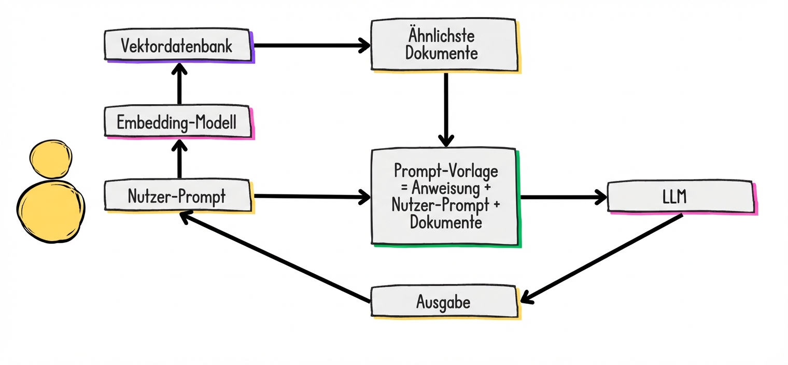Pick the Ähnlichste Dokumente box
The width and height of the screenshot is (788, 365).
tap(444, 45)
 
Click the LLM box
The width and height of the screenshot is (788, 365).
tap(680, 196)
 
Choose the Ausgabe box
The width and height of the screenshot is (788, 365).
tap(444, 301)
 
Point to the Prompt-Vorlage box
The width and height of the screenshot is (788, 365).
tap(444, 197)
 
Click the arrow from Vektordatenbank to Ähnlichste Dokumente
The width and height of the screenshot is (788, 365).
tap(311, 46)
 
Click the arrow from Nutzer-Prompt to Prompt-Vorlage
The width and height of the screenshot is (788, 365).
tap(311, 196)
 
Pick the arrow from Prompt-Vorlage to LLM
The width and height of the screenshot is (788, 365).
tap(562, 197)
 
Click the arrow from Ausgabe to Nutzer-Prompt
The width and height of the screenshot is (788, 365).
tap(275, 257)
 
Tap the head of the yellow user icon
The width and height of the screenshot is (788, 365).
tap(50, 158)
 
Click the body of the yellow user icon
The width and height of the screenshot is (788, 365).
tap(50, 210)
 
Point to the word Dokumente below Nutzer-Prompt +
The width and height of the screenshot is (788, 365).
tap(446, 223)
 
